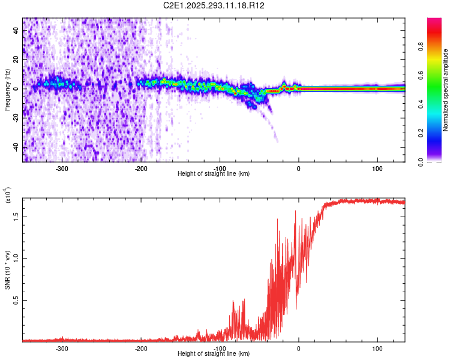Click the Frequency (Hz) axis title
(7, 89)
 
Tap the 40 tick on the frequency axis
(16, 31)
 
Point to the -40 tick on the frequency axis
(16, 147)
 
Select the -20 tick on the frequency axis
(16, 118)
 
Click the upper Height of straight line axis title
(214, 173)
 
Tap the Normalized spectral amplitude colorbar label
(446, 89)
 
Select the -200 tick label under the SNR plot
(141, 349)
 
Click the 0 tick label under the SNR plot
(299, 349)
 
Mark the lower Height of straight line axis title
(214, 353)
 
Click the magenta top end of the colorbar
(434, 22)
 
